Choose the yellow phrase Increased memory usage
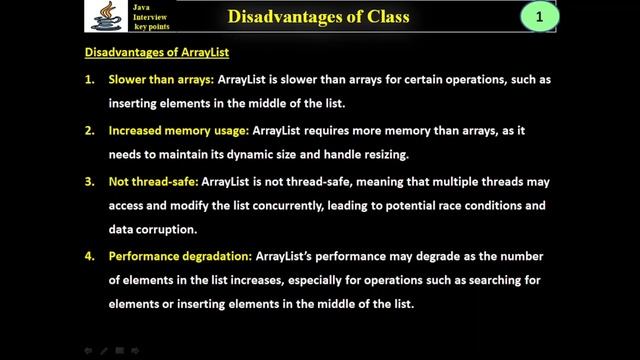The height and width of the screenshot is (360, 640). (x=178, y=130)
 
